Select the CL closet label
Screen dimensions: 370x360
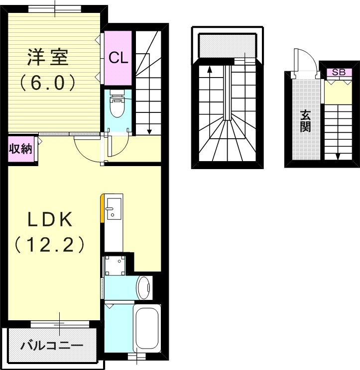pos(119,58)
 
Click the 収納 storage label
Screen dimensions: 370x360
pos(20,150)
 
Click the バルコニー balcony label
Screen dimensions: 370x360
pos(51,345)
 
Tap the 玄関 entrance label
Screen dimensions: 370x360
pos(306,122)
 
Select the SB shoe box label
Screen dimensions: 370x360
pos(338,72)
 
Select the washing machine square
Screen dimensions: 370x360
pos(117,267)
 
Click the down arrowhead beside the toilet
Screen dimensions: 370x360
pos(149,132)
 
